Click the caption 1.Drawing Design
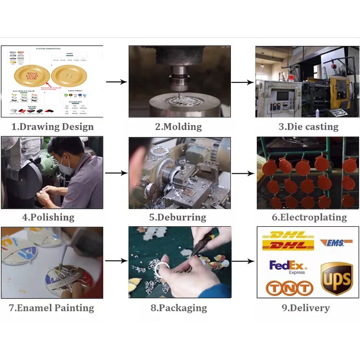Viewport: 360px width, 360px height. coord(52,127)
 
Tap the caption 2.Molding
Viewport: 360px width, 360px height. coord(179,127)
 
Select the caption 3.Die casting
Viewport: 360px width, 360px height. coord(308,127)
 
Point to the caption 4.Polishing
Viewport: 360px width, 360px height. coord(48,217)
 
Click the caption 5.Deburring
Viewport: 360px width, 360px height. coord(178,217)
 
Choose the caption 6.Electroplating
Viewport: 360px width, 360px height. coord(309,217)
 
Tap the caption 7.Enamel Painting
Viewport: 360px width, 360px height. coord(52,308)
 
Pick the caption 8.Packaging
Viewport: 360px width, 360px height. coord(178,308)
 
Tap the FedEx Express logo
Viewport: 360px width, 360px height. coord(288,266)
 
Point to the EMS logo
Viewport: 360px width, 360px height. coord(336,243)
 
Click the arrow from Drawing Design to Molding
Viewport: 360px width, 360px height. coord(116,82)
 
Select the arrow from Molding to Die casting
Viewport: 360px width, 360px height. coord(243,82)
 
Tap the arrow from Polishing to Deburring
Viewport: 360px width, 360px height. coord(116,173)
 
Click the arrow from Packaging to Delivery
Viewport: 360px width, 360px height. coord(243,261)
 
